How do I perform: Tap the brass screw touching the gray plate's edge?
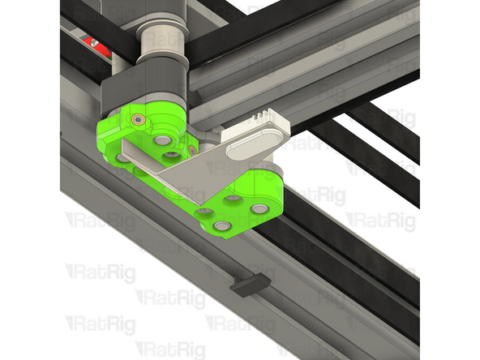(x=193, y=150)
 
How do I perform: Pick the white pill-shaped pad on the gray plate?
(x=252, y=146)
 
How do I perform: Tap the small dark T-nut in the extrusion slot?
(x=249, y=283)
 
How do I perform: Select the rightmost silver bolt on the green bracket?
(x=259, y=209)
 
